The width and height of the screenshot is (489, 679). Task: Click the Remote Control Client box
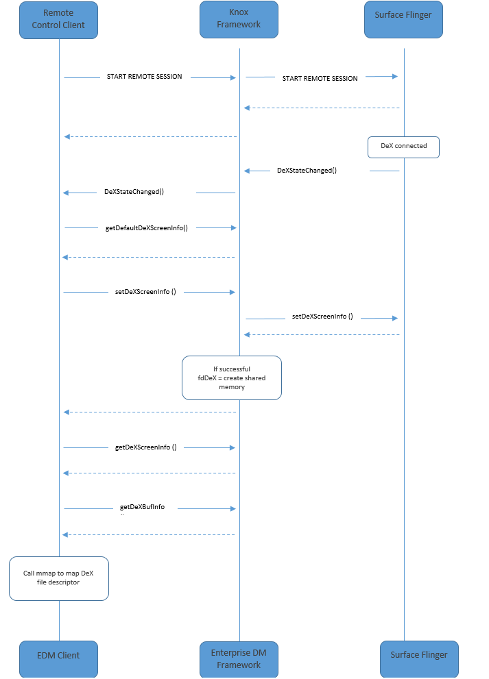coord(59,19)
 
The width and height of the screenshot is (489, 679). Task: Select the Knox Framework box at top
coord(239,19)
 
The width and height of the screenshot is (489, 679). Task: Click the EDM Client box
coord(58,656)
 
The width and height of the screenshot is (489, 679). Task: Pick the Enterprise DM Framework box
coord(239,658)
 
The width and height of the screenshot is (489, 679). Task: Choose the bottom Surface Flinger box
coord(419,655)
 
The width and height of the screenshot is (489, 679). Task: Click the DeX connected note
coord(403,146)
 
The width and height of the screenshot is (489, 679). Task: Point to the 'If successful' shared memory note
coord(232,378)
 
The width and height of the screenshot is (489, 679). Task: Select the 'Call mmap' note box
coord(59,578)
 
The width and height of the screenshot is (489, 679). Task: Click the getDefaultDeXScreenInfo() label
coord(147,227)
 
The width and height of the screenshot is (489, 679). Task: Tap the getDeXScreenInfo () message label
coord(145,447)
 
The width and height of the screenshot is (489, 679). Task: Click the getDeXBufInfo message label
coord(142,508)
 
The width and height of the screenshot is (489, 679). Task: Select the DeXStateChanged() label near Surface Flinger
coord(307,171)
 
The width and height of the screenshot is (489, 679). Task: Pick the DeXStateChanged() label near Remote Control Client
coord(134,193)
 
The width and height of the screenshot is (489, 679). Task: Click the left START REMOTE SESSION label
coord(145,77)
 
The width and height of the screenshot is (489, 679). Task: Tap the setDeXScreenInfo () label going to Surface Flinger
coord(322,317)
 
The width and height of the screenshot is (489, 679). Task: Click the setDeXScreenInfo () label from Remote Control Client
coord(145,292)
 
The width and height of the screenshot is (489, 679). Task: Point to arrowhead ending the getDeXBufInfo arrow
coord(233,508)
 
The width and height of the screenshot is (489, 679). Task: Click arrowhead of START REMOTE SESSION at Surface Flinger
coord(395,76)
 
